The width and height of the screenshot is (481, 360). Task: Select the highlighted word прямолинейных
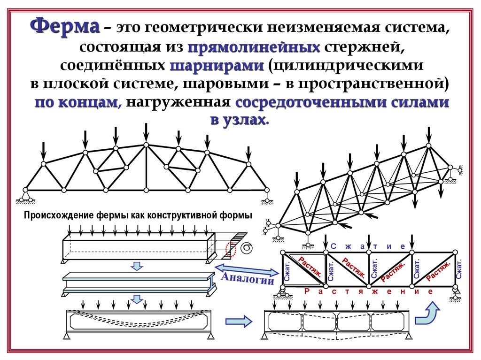click(x=254, y=47)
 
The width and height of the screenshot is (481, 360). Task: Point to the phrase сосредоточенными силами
click(x=342, y=102)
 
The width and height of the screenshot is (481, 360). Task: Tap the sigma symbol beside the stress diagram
click(x=247, y=246)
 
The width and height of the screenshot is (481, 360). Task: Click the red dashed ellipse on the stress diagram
click(x=229, y=248)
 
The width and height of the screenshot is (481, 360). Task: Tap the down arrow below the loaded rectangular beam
click(x=136, y=266)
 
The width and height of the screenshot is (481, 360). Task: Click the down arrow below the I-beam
click(x=137, y=299)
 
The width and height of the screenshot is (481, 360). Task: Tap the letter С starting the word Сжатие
click(x=333, y=246)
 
